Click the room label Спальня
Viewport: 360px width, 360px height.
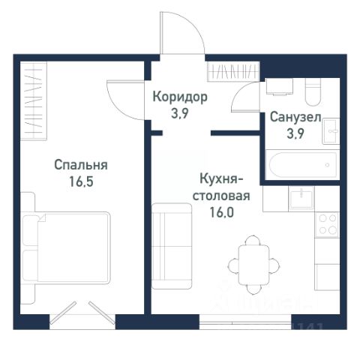[x=81, y=165]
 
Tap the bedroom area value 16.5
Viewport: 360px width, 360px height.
[x=81, y=181]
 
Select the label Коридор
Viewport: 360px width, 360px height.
[x=180, y=97]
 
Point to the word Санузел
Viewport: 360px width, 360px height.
[x=295, y=117]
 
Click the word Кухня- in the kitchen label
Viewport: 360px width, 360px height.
[x=222, y=179]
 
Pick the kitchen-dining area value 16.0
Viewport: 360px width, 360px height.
[x=222, y=212]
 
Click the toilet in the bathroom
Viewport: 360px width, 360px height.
[x=313, y=91]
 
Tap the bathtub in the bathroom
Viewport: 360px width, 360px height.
[x=302, y=165]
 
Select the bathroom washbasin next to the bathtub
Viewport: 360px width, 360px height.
[x=331, y=131]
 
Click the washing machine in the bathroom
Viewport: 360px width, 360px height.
[x=280, y=86]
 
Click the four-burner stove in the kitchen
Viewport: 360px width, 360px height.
[x=327, y=225]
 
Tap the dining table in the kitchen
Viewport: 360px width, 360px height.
[x=253, y=265]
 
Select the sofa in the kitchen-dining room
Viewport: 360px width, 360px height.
[x=172, y=246]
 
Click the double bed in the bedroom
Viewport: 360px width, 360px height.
[x=66, y=247]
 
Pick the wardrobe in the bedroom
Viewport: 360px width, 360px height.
[x=34, y=101]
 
